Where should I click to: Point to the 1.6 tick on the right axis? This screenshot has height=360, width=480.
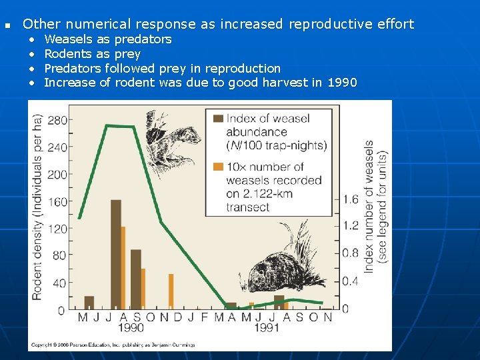(x=350, y=199)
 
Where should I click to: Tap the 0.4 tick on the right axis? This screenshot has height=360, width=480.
(x=350, y=281)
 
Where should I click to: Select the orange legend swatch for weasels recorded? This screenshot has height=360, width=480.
(x=217, y=167)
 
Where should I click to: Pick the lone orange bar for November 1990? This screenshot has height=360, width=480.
(x=171, y=291)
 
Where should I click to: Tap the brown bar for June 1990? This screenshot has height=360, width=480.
(x=89, y=303)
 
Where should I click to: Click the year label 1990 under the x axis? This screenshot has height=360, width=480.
(x=131, y=328)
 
